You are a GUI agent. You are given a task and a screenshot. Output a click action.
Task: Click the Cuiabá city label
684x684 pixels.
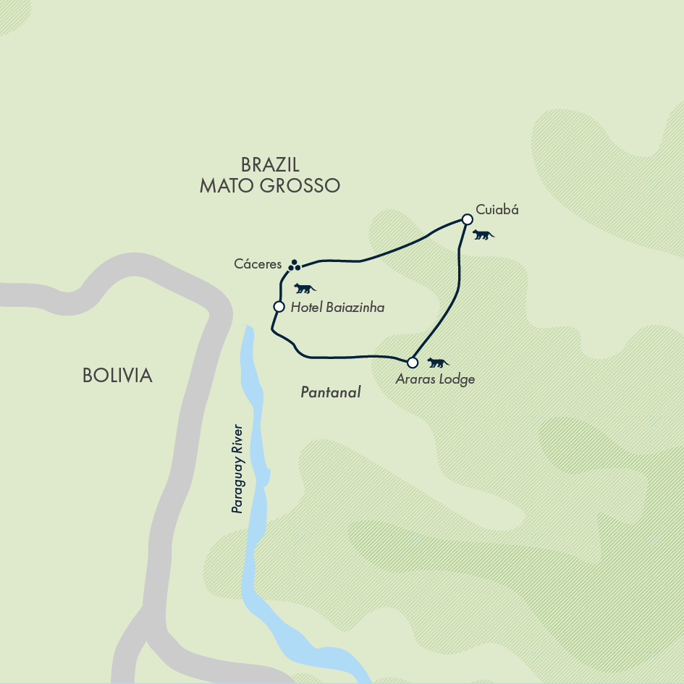(x=497, y=211)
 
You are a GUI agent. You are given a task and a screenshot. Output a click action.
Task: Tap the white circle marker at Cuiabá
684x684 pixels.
(x=468, y=219)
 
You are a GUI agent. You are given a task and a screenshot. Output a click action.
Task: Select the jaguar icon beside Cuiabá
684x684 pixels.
(x=483, y=235)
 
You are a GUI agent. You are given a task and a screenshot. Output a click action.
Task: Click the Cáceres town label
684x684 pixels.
(x=258, y=265)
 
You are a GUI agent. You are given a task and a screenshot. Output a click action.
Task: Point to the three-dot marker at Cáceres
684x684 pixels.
(x=294, y=266)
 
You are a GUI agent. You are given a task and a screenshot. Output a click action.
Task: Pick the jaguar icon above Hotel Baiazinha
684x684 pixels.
(x=305, y=288)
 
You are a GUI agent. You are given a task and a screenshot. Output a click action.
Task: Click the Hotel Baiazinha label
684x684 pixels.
(x=337, y=308)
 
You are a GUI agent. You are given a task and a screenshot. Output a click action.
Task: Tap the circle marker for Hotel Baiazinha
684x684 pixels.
(x=279, y=307)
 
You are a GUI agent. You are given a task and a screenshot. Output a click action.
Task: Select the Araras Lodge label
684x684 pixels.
(x=435, y=379)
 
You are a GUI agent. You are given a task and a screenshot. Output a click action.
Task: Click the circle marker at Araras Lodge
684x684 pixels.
(x=413, y=362)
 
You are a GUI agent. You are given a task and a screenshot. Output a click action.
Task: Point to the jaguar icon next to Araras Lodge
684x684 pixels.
(x=437, y=363)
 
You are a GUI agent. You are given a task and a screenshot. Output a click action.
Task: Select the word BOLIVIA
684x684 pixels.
(x=117, y=376)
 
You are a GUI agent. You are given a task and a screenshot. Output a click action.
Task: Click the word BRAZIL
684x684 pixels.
(x=270, y=164)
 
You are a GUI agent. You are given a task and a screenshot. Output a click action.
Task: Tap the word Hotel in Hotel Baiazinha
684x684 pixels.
(x=305, y=308)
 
